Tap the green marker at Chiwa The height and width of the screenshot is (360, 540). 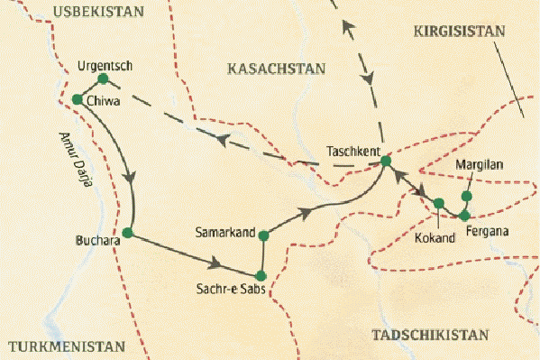pos(77,98)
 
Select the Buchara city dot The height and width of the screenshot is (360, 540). pos(127,233)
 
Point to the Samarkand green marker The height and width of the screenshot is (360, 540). pos(263,236)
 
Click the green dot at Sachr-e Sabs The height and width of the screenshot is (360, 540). pos(260,275)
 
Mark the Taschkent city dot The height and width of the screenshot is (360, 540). pos(386,162)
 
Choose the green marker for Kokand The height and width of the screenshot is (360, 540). pos(439,203)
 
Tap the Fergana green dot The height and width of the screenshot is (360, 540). pos(464,216)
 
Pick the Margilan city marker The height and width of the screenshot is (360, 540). pos(467,196)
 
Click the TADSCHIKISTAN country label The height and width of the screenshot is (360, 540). pos(431,335)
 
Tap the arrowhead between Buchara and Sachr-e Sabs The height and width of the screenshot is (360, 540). pos(215,264)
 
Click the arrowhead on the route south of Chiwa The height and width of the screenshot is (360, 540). pos(133,177)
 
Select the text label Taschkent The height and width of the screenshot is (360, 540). pos(352,152)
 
